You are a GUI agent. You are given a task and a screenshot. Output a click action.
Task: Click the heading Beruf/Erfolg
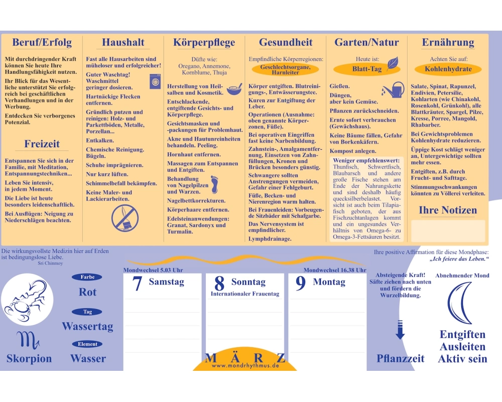click(x=42, y=42)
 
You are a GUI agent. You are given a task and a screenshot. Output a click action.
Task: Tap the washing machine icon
click(x=155, y=81)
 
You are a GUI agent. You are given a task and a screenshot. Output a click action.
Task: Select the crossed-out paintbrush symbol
click(x=125, y=218)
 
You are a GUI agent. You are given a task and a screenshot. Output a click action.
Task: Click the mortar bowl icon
click(x=234, y=89)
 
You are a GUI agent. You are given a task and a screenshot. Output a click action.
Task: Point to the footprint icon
click(x=214, y=184)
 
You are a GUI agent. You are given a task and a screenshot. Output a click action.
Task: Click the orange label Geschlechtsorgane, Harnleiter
click(x=285, y=69)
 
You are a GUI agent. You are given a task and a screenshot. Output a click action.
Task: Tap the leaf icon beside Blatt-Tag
click(x=393, y=63)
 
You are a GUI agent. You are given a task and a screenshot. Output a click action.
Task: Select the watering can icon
click(x=394, y=90)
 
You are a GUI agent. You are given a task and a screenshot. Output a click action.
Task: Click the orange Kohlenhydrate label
click(x=448, y=69)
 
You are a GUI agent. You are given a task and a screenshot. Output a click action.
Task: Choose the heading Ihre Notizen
click(x=448, y=211)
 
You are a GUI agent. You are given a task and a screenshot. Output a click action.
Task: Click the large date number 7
click(x=137, y=283)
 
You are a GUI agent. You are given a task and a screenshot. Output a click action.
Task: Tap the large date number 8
click(x=219, y=283)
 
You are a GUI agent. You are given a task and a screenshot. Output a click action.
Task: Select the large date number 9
click(x=301, y=283)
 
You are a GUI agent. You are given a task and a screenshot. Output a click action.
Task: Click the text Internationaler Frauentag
click(x=245, y=293)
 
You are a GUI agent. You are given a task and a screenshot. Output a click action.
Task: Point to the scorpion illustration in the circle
click(x=27, y=299)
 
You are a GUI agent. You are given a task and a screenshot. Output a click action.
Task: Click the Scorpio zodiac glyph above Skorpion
click(x=28, y=340)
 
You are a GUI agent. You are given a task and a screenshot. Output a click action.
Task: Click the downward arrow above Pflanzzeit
click(x=400, y=330)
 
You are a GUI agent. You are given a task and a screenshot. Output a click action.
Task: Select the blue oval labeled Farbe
click(x=87, y=277)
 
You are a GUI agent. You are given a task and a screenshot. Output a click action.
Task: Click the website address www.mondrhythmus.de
click(x=245, y=365)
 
